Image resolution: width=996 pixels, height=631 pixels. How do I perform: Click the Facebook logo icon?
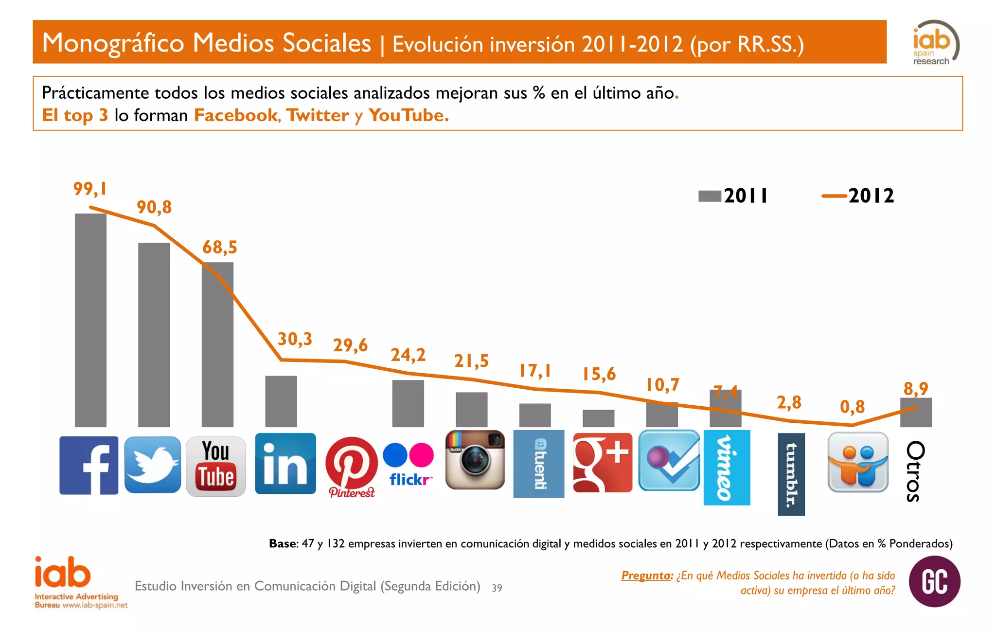[x=89, y=465]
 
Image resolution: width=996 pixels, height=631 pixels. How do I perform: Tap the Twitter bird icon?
[x=152, y=465]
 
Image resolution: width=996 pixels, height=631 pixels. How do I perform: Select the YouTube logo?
[x=215, y=466]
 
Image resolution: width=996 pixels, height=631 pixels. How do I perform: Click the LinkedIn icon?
[x=285, y=464]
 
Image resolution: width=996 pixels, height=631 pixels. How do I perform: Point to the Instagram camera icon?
[x=475, y=460]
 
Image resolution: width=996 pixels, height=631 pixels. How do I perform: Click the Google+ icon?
[x=602, y=463]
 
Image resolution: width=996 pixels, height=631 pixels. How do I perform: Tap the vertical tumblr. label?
[x=791, y=474]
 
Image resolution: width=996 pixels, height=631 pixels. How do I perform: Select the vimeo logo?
[x=727, y=468]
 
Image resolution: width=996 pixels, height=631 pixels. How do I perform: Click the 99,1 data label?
[x=90, y=189]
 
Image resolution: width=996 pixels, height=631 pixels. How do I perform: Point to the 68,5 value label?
[x=220, y=247]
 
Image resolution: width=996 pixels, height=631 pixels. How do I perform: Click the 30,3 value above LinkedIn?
[x=295, y=339]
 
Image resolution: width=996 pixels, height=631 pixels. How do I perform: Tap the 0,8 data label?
[x=852, y=407]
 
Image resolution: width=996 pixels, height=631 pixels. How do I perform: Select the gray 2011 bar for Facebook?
[x=90, y=320]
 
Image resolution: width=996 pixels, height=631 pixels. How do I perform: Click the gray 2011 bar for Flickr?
[x=408, y=403]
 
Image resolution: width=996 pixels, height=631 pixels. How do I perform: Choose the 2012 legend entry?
[x=858, y=196]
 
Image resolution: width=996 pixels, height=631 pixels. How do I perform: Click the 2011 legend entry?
[x=733, y=196]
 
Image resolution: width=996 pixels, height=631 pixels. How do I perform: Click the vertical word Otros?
[x=915, y=471]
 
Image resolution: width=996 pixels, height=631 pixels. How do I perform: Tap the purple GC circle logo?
[x=934, y=581]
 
